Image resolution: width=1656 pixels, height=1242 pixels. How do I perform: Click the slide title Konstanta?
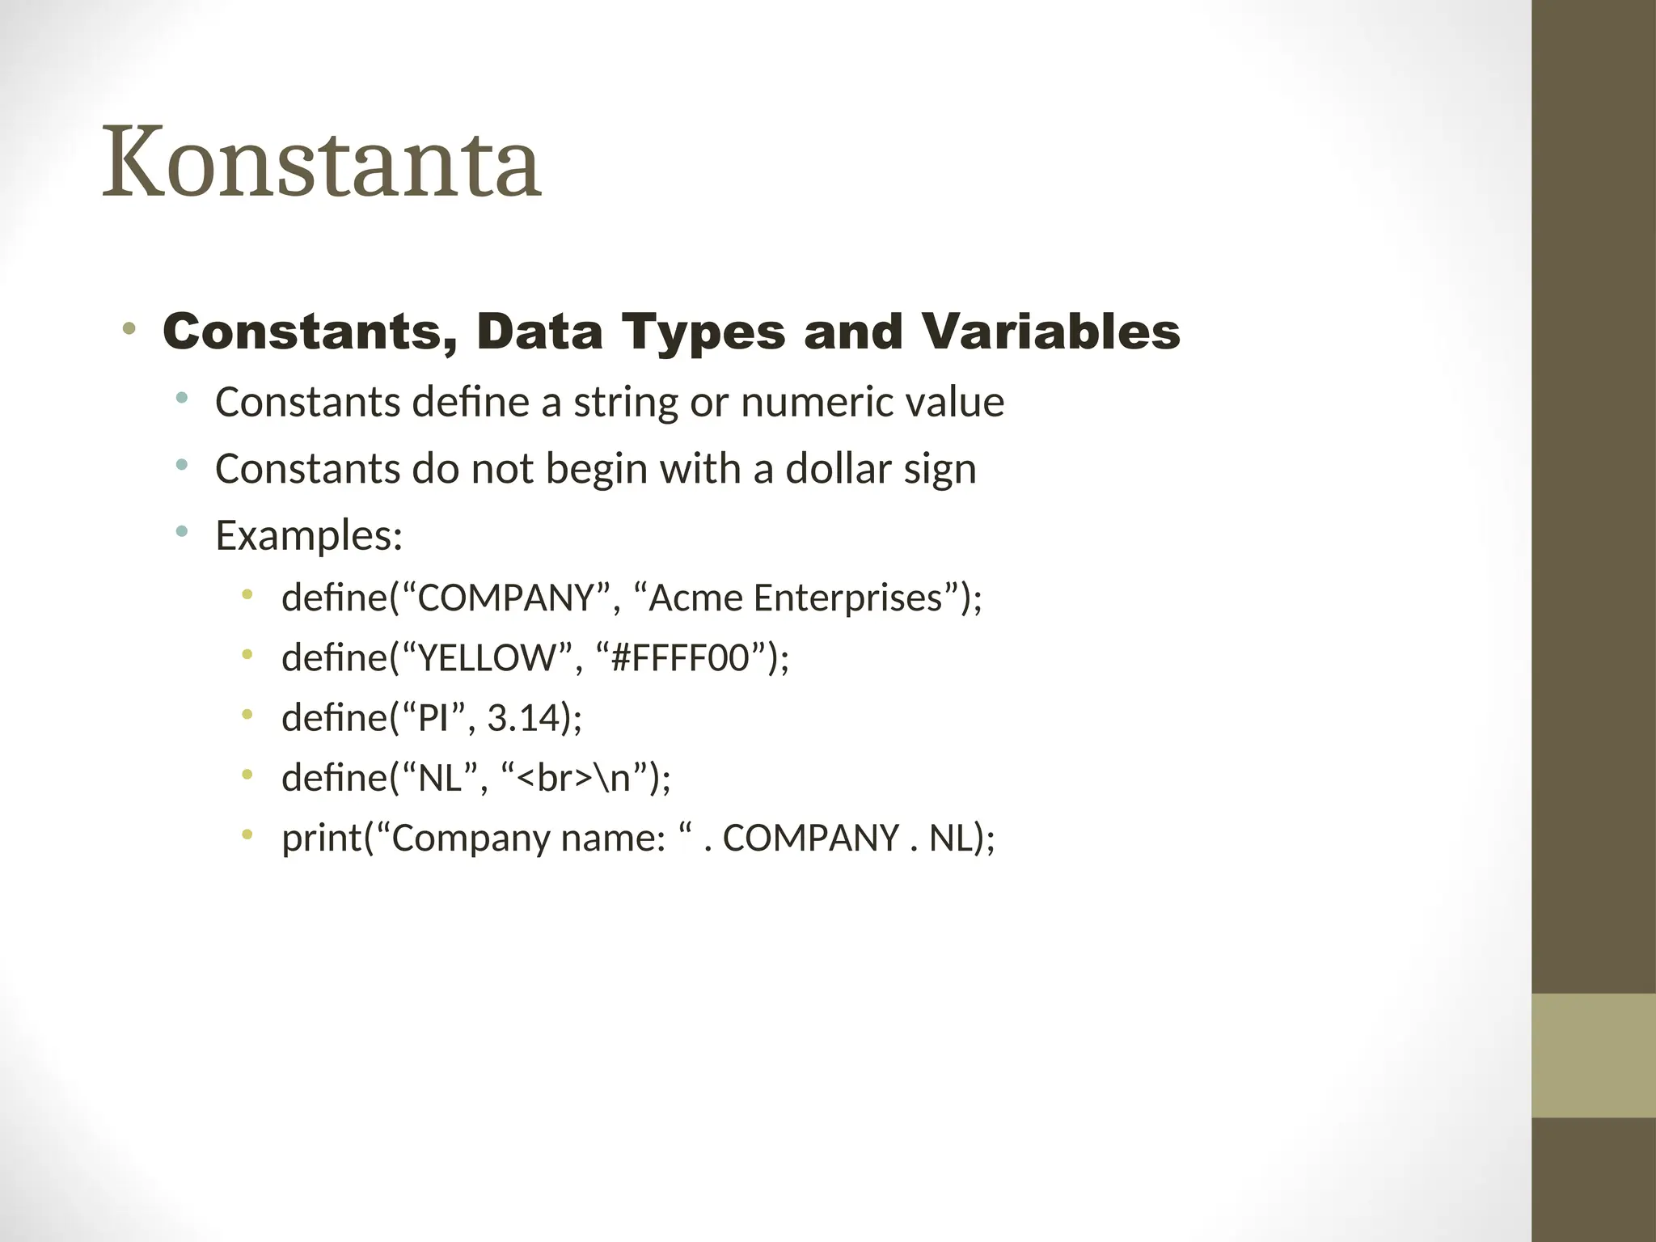pyautogui.click(x=321, y=163)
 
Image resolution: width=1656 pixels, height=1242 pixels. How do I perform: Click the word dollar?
pyautogui.click(x=839, y=468)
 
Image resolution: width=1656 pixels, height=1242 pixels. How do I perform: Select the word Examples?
pyautogui.click(x=309, y=535)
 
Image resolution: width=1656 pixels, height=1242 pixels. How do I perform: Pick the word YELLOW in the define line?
pyautogui.click(x=488, y=658)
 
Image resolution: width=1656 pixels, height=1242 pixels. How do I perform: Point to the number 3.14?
pyautogui.click(x=524, y=717)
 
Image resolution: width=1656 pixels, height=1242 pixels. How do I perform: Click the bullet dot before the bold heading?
pyautogui.click(x=129, y=329)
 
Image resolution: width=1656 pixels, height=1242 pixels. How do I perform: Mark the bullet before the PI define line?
pyautogui.click(x=247, y=715)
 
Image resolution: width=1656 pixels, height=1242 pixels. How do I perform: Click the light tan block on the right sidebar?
pyautogui.click(x=1593, y=1055)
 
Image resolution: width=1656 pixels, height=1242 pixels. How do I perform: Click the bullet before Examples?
pyautogui.click(x=181, y=531)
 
